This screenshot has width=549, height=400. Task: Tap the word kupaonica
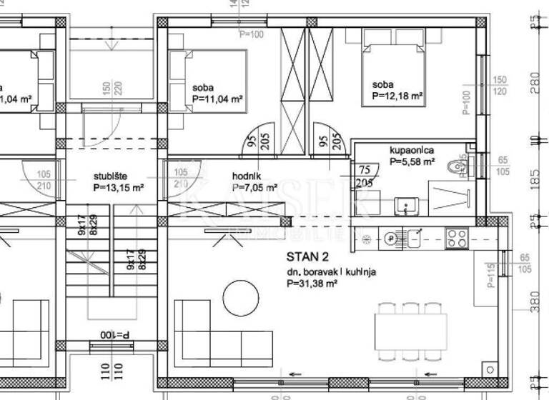pos(412,151)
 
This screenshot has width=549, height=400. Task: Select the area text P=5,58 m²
pos(412,162)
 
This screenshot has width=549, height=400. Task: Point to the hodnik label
pos(247,176)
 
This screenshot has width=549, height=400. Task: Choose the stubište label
pos(112,176)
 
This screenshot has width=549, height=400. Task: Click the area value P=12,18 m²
pos(398,96)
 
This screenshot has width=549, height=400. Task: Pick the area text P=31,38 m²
pos(312,283)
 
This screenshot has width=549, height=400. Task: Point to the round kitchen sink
pos(391,237)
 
